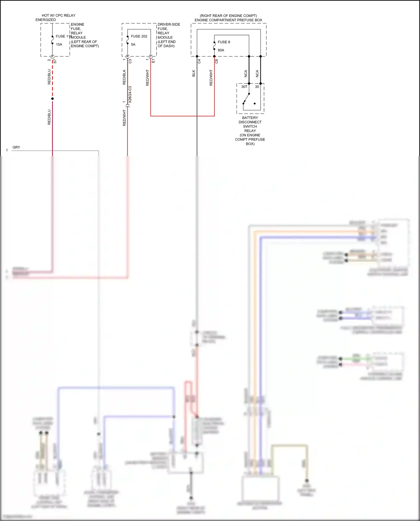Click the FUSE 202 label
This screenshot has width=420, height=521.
tap(139, 36)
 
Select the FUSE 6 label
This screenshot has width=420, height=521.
tap(224, 42)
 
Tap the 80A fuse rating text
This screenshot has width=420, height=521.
tap(221, 50)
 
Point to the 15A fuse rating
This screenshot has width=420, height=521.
tap(59, 45)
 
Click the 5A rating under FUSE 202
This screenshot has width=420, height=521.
tap(133, 45)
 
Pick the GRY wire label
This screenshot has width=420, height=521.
tap(16, 147)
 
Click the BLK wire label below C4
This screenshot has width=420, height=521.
tap(193, 74)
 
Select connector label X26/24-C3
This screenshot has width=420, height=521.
tap(130, 95)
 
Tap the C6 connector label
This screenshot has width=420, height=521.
tap(216, 61)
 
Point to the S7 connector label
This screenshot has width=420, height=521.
tap(55, 61)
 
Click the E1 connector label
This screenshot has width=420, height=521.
tap(153, 61)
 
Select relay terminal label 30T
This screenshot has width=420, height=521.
tap(244, 87)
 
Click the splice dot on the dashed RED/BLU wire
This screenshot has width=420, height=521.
tap(52, 99)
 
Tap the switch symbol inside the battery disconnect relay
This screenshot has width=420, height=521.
tap(246, 98)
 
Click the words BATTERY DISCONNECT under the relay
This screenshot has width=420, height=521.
tap(250, 120)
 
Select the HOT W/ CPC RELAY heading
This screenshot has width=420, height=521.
tap(59, 15)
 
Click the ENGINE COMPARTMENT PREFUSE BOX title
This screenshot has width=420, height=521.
tap(228, 20)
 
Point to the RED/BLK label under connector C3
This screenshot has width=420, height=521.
tap(124, 77)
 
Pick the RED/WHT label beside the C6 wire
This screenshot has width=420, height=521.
tap(211, 78)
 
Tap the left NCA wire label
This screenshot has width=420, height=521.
tap(246, 74)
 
